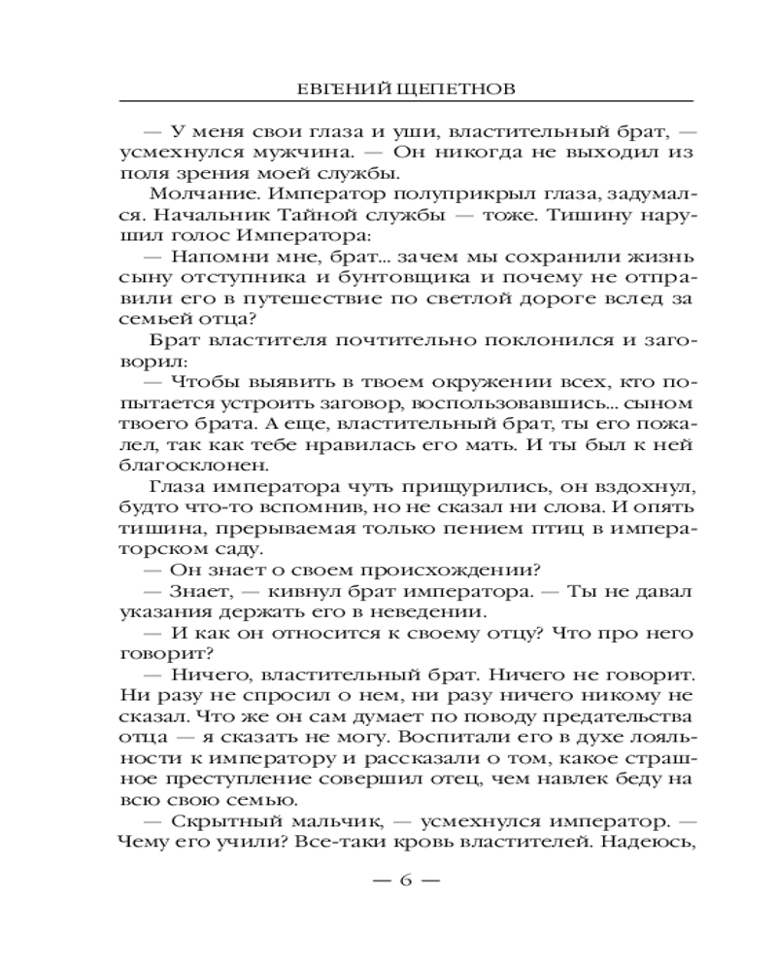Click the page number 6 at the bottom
(x=406, y=881)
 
